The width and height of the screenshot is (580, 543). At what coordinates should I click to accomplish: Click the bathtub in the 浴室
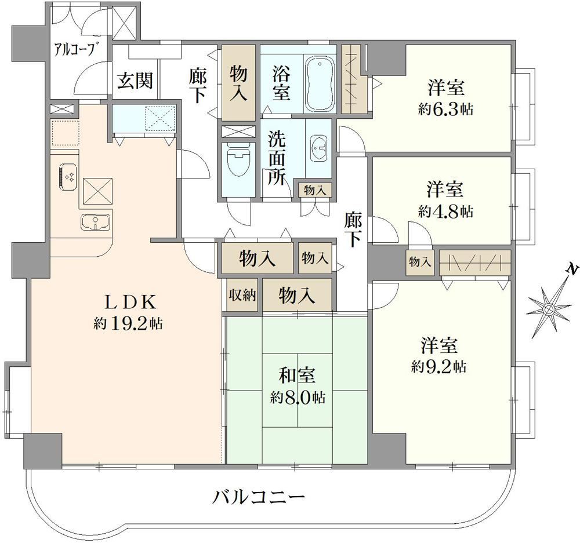click(320, 85)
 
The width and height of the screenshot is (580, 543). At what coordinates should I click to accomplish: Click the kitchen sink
click(96, 222)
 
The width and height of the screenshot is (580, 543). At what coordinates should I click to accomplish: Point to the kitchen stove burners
click(68, 177)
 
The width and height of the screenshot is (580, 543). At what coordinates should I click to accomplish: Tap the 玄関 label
click(135, 81)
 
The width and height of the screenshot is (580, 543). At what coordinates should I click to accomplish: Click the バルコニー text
click(259, 497)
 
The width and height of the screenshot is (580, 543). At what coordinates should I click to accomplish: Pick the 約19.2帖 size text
click(128, 324)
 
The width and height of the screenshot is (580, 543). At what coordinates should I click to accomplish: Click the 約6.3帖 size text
click(445, 110)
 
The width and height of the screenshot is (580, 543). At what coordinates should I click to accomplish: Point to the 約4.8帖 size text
click(445, 212)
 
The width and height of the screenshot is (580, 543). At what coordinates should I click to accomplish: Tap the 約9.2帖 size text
click(438, 366)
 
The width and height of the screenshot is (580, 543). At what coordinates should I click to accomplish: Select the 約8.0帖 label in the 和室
click(298, 398)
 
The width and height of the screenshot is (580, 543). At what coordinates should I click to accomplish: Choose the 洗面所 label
click(277, 158)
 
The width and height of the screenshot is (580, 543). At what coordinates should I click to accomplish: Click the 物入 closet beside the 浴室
click(238, 82)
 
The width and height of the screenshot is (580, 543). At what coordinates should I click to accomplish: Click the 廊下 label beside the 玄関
click(198, 86)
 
